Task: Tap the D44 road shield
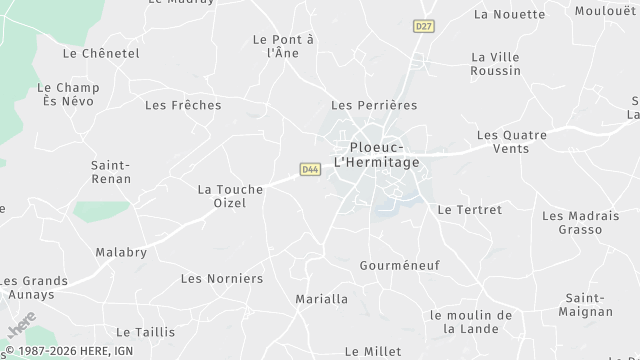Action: coord(310,170)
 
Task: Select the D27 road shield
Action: coord(423,26)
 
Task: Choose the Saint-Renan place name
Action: coord(110,172)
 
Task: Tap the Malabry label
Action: coord(120,253)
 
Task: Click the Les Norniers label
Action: coord(221,278)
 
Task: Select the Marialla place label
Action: coord(322,299)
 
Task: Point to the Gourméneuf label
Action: coord(399,265)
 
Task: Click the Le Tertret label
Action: coord(470,210)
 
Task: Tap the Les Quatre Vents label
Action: coord(512,141)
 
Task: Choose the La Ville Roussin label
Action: coord(496,64)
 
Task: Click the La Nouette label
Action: coord(510,14)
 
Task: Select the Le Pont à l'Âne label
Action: coord(284,45)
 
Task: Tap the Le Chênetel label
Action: coord(101,53)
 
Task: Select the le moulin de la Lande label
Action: coord(470,321)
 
